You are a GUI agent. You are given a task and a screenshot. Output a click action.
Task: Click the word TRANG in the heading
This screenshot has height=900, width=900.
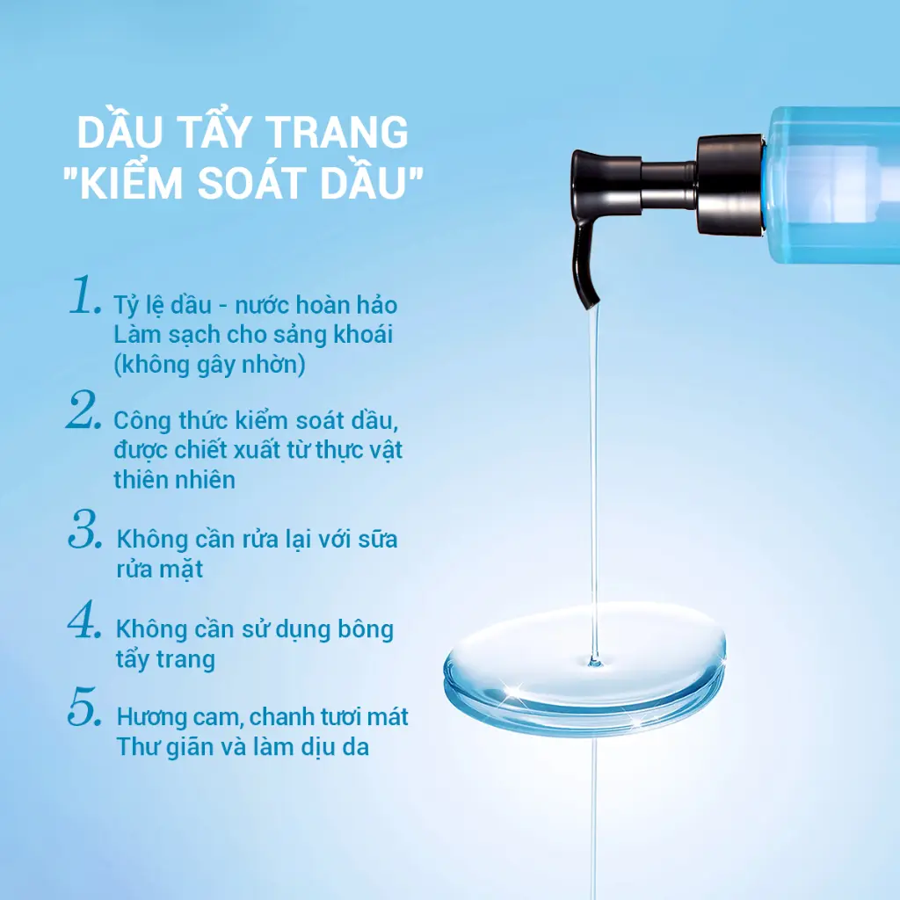[x=338, y=132]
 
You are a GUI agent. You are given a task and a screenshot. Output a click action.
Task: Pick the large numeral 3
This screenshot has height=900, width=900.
[x=85, y=528]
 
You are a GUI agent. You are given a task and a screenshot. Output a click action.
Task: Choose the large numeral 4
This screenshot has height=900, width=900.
[x=84, y=620]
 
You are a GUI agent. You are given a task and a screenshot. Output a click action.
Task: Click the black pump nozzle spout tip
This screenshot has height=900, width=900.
[x=592, y=303]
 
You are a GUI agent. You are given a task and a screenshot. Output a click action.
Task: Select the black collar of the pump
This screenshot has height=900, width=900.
[x=730, y=185]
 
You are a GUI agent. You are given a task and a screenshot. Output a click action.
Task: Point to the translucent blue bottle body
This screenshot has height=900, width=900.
[x=832, y=185]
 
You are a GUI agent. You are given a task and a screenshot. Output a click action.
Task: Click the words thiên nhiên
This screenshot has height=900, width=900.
[x=175, y=479]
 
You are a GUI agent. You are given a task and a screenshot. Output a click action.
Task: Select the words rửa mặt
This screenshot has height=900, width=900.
[x=160, y=570]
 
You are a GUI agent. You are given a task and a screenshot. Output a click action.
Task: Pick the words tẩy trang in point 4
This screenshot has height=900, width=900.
[x=165, y=660]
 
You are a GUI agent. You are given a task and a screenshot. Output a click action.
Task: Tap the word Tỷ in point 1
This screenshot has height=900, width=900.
[x=125, y=306]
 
